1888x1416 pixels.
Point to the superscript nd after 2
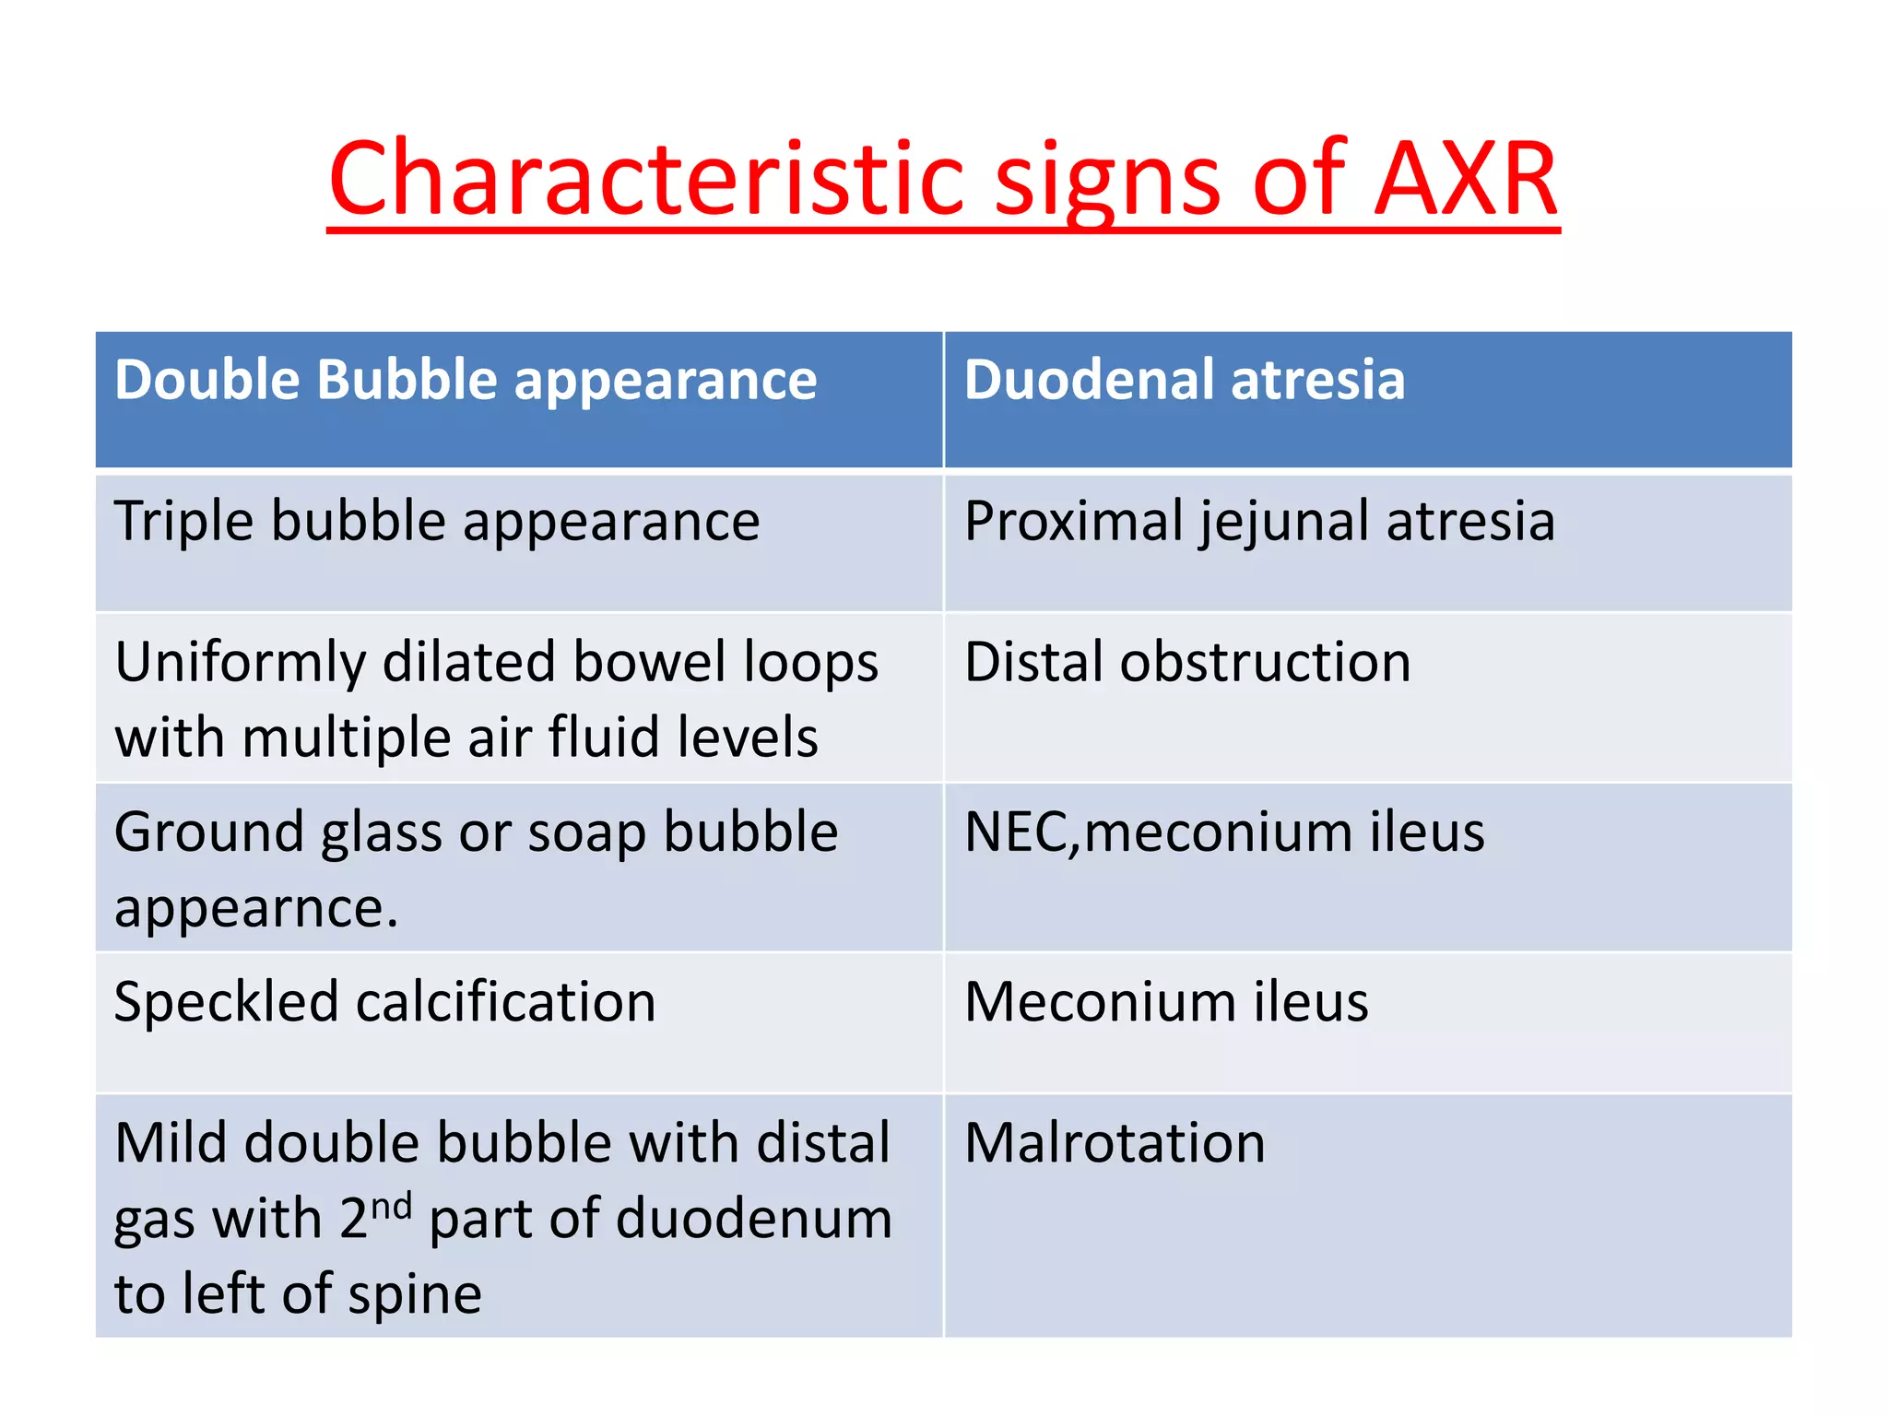(391, 1205)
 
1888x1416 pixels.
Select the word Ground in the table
(208, 832)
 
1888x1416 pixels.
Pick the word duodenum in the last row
(753, 1219)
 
